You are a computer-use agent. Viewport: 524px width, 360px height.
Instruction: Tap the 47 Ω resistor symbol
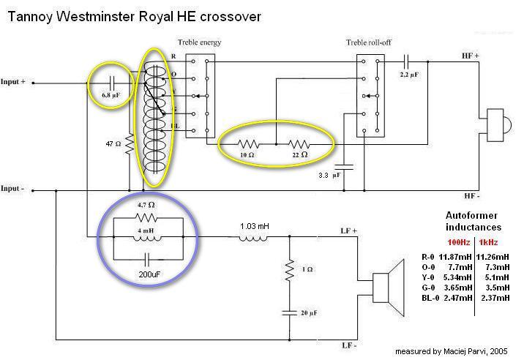129,144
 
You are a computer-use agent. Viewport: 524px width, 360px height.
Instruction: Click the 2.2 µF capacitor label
410,75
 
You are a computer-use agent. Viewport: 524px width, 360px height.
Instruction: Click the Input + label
13,82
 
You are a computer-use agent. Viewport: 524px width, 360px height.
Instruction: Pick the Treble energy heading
199,42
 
